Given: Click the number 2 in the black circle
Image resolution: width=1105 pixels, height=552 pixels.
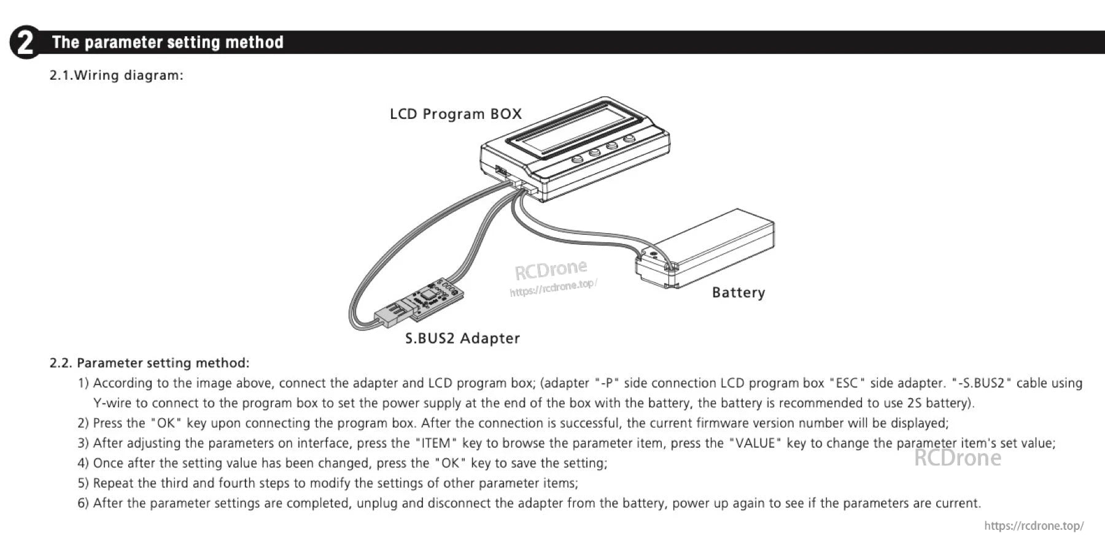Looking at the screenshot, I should coord(25,43).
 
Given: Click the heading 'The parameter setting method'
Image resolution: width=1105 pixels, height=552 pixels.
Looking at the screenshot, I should coord(168,42).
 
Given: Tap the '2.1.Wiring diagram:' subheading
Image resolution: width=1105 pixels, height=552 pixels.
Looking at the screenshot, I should coord(117,75).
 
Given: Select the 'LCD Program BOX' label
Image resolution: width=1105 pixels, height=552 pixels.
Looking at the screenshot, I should coord(456,114).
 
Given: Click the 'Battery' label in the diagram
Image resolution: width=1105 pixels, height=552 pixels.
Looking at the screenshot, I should coord(738,293).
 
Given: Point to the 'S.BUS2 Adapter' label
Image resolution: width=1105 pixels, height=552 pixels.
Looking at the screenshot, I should coord(462,339).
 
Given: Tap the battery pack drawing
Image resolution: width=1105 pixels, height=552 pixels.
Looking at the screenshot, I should coord(712,245).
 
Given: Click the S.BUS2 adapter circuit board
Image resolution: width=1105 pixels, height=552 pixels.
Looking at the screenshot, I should coord(433,297).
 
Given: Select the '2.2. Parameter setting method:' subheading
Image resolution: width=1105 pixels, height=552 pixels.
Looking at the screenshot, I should coord(149,363).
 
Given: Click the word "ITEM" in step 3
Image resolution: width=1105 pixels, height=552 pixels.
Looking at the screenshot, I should coord(436,443).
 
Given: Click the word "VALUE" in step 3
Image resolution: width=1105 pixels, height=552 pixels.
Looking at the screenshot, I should coord(754,443).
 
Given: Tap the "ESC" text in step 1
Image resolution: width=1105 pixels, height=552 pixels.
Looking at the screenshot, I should coord(847,383).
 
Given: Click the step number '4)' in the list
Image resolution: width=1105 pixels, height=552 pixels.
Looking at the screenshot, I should coord(83,464).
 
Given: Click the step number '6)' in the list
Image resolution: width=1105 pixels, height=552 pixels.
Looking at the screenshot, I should coord(83,504).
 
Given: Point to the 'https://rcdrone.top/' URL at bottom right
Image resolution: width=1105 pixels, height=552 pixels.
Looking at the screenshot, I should coord(1034,526).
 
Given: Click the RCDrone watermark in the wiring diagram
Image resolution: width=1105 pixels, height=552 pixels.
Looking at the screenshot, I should coord(551,269).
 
